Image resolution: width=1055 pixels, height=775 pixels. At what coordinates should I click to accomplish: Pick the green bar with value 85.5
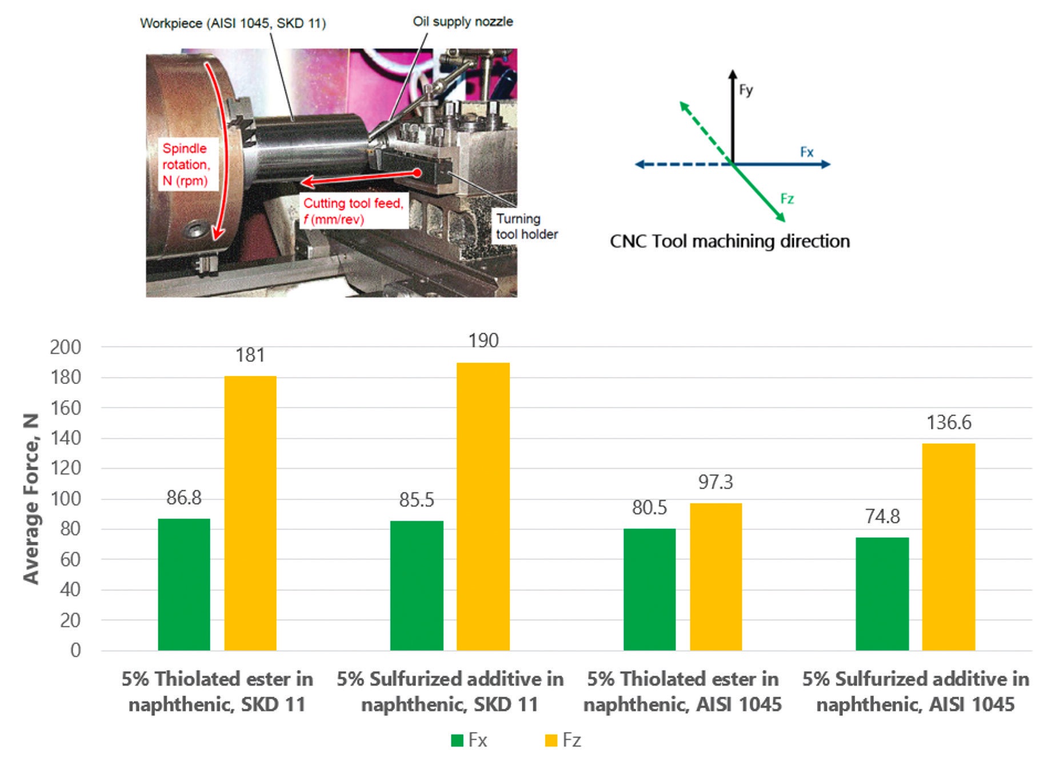pyautogui.click(x=417, y=585)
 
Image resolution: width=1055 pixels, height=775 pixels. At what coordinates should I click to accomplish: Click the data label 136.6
pyautogui.click(x=949, y=423)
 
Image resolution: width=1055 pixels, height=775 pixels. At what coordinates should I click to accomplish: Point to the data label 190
pyautogui.click(x=483, y=341)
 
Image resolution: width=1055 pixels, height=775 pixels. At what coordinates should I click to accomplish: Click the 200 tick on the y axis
pyautogui.click(x=66, y=347)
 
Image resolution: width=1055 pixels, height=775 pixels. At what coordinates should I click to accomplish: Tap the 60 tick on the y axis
pyautogui.click(x=70, y=560)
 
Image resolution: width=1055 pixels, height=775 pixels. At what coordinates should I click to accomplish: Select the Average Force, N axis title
pyautogui.click(x=31, y=498)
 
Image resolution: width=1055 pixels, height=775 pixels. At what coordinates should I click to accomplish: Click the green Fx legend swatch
pyautogui.click(x=457, y=741)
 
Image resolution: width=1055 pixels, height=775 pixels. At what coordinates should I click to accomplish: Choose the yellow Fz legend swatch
pyautogui.click(x=551, y=741)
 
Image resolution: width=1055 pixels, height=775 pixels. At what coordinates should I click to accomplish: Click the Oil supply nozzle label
pyautogui.click(x=463, y=22)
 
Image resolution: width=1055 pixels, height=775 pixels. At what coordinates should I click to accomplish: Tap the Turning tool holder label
pyautogui.click(x=526, y=226)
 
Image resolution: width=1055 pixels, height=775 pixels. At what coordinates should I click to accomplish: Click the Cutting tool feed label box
pyautogui.click(x=353, y=211)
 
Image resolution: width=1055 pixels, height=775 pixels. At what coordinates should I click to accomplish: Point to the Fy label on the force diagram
pyautogui.click(x=746, y=90)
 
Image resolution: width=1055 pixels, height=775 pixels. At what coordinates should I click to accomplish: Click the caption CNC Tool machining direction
pyautogui.click(x=730, y=241)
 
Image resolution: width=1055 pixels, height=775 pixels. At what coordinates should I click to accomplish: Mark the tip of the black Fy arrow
pyautogui.click(x=733, y=71)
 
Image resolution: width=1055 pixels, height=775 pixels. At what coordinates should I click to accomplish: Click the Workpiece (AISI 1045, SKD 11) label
pyautogui.click(x=233, y=23)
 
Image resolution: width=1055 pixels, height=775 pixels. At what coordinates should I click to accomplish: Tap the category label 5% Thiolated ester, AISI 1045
pyautogui.click(x=682, y=692)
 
